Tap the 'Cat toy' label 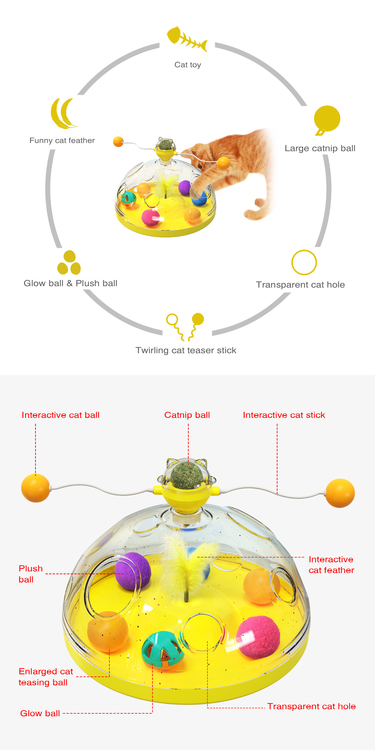[187, 65]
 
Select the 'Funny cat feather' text [62, 141]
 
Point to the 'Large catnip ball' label [320, 148]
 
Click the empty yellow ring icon [304, 262]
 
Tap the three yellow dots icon [69, 263]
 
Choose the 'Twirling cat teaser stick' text [186, 350]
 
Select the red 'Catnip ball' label [187, 415]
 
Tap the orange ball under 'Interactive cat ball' [36, 488]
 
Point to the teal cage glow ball [162, 650]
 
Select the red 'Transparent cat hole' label [311, 706]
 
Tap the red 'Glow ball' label [40, 713]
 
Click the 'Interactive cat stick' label [284, 415]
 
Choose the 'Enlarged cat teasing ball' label [46, 677]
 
